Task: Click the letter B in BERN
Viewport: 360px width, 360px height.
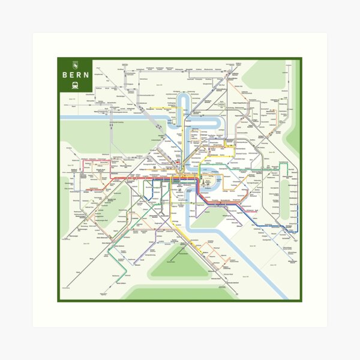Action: (x=65, y=75)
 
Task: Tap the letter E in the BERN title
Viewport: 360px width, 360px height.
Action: (x=72, y=75)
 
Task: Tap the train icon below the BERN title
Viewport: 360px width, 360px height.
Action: (x=76, y=85)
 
